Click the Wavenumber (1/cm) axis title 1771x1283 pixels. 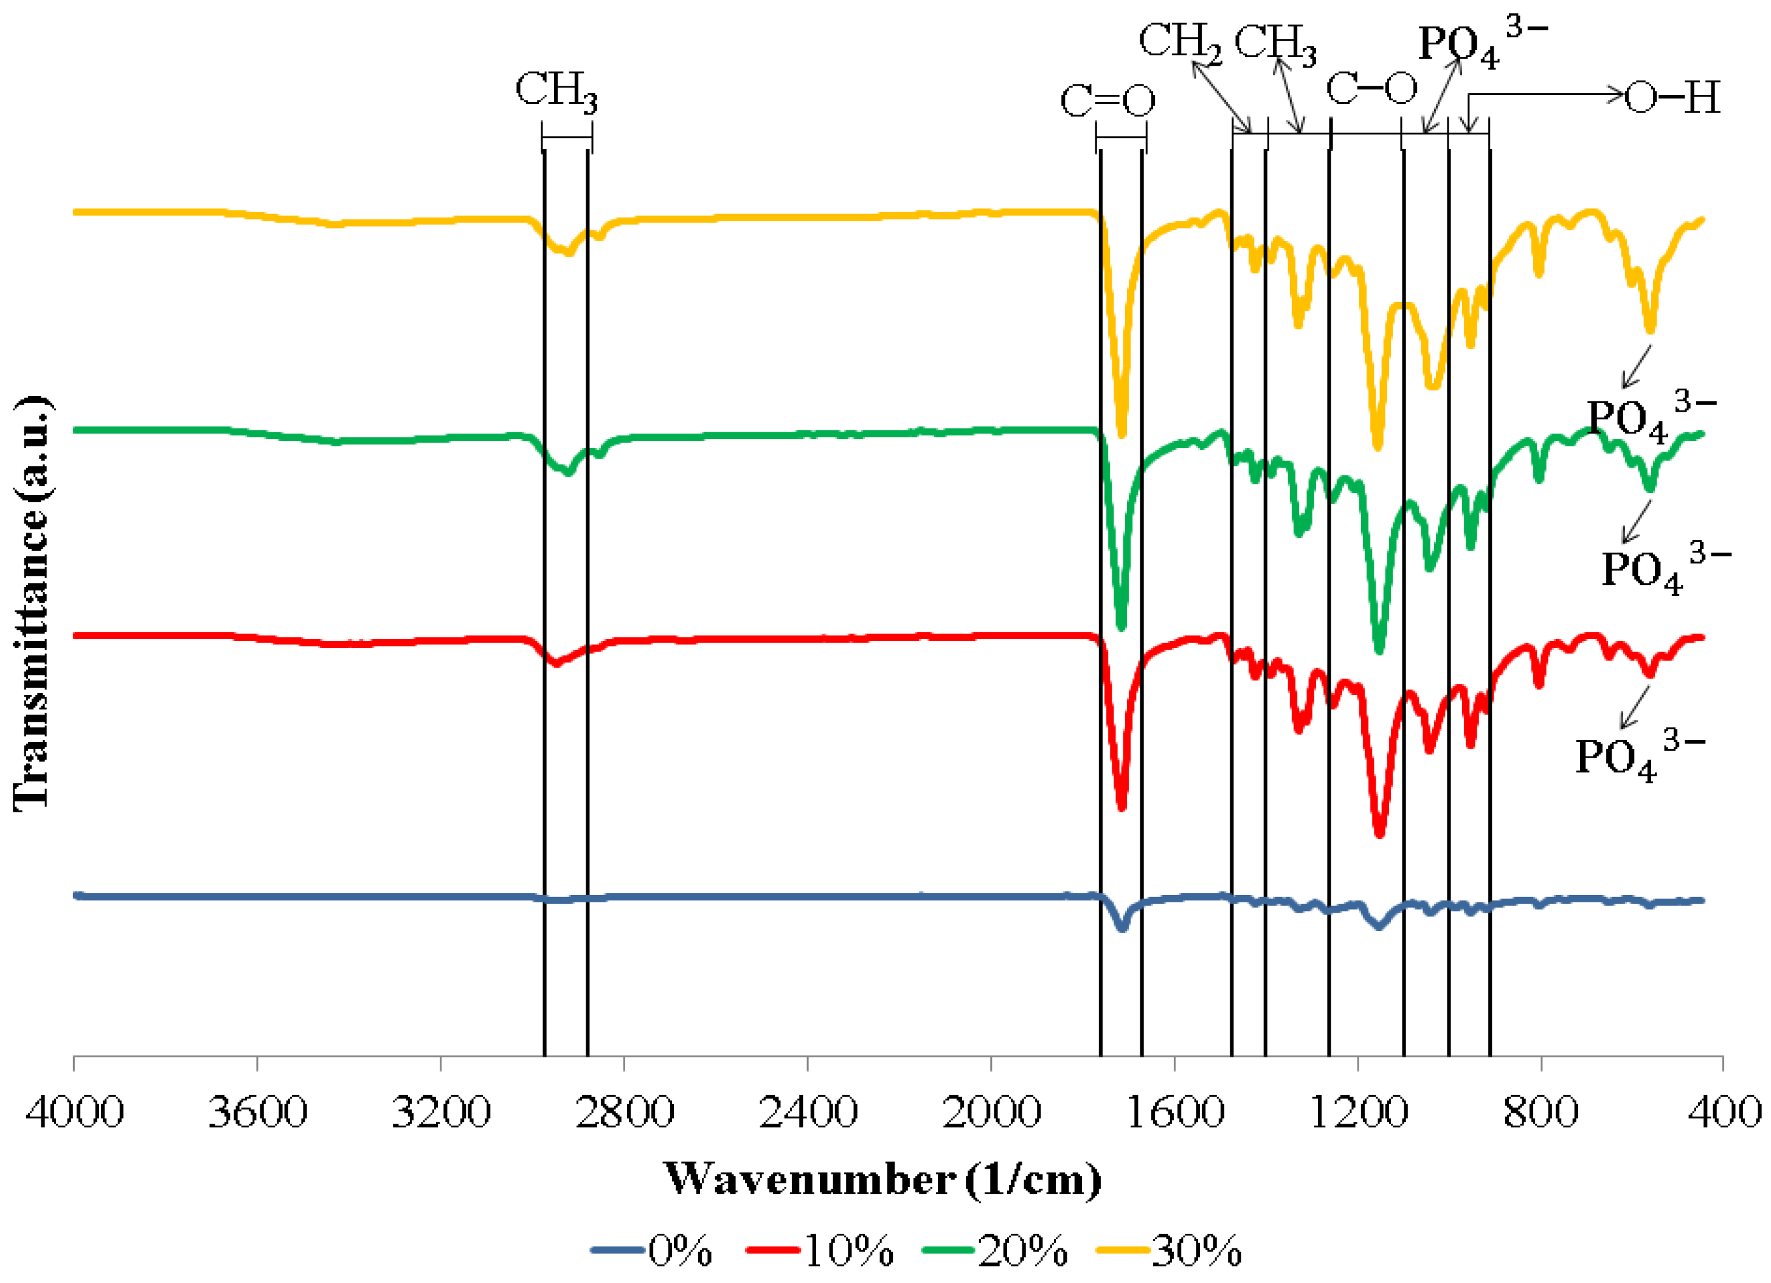pyautogui.click(x=882, y=1179)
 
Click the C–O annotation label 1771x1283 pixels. pyautogui.click(x=1372, y=88)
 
